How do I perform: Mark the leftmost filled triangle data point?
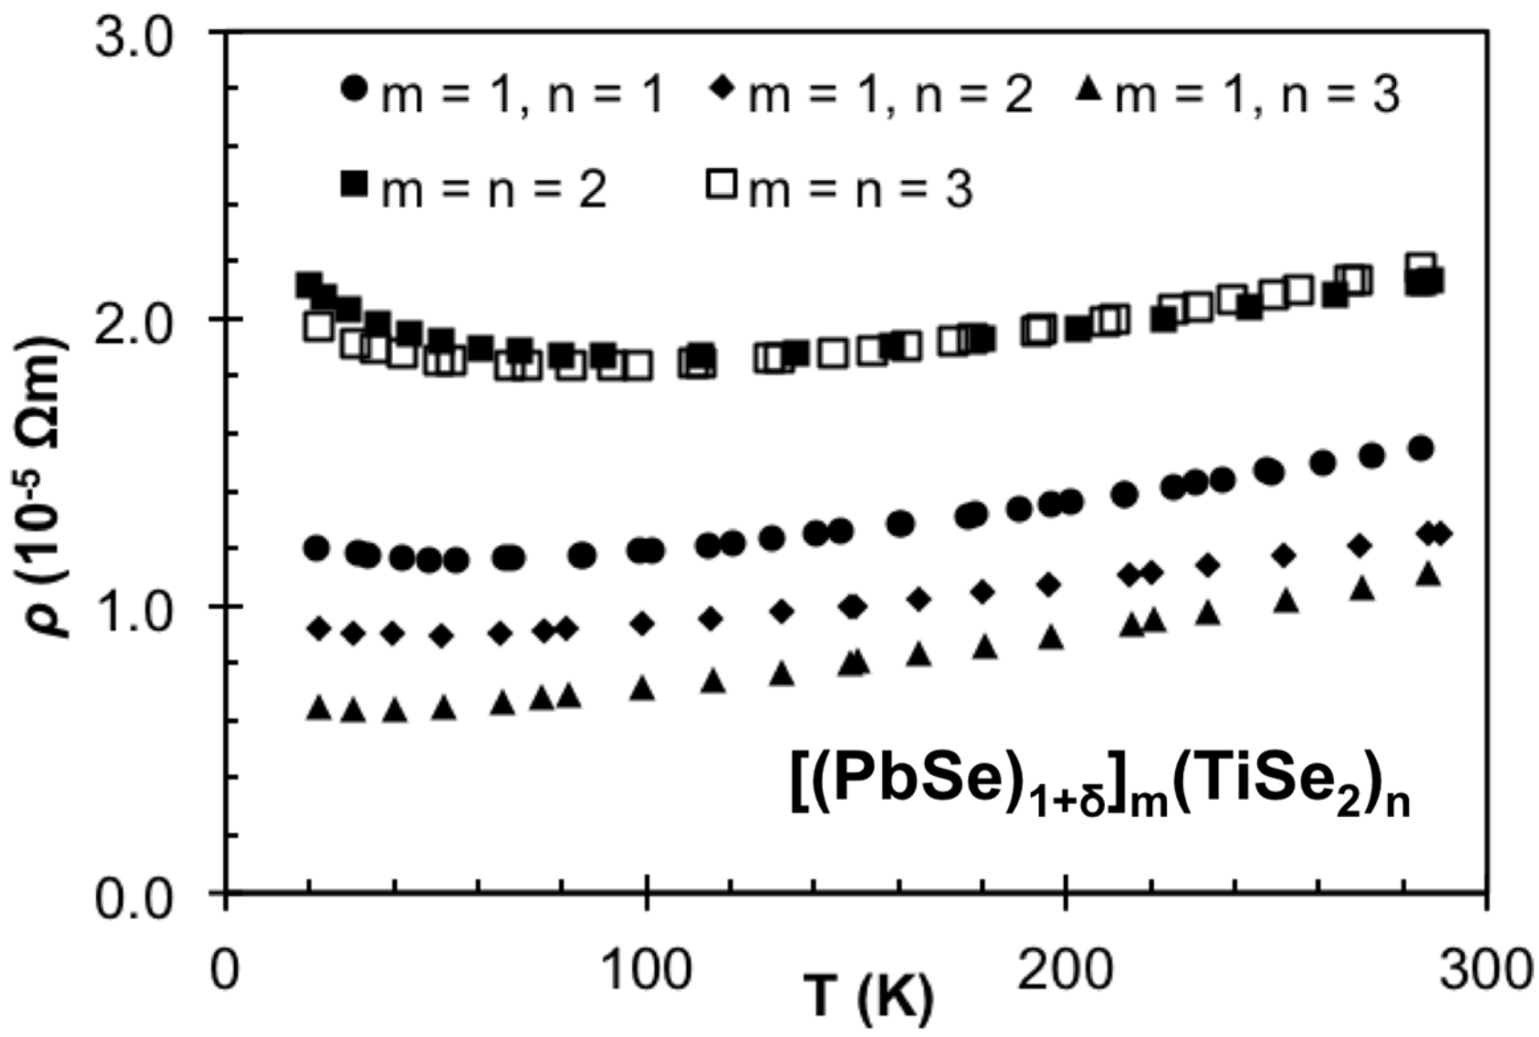(x=320, y=708)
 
